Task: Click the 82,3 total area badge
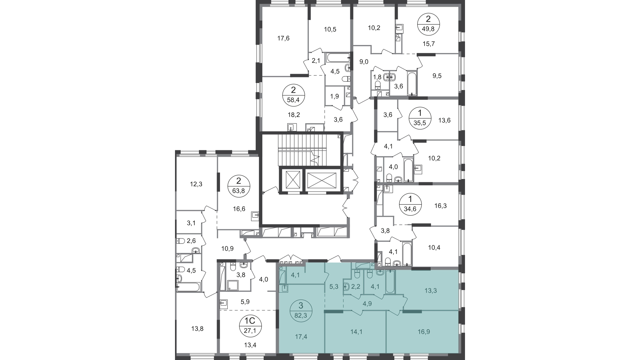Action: [x=301, y=310]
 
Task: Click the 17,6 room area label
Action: [x=283, y=38]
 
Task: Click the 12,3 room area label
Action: [x=196, y=184]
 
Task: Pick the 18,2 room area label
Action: [x=294, y=115]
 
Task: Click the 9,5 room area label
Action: [x=437, y=76]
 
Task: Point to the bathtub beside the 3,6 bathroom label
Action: [x=412, y=83]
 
